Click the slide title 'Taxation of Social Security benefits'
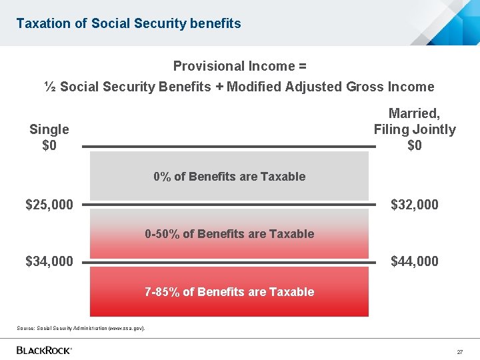point(129,23)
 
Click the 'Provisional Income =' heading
point(239,66)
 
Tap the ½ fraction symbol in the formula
point(50,87)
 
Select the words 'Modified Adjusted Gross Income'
point(330,87)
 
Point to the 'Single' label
point(49,129)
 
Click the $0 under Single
point(49,145)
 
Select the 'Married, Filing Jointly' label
point(415,121)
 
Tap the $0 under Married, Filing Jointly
point(415,145)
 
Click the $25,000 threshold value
point(49,205)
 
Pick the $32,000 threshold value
point(415,205)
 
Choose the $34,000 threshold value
point(49,261)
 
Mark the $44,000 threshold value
point(415,261)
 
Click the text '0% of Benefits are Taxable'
point(229,177)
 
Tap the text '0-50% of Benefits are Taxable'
point(229,234)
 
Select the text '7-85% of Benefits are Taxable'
point(229,292)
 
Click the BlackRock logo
point(44,350)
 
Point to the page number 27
point(459,351)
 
